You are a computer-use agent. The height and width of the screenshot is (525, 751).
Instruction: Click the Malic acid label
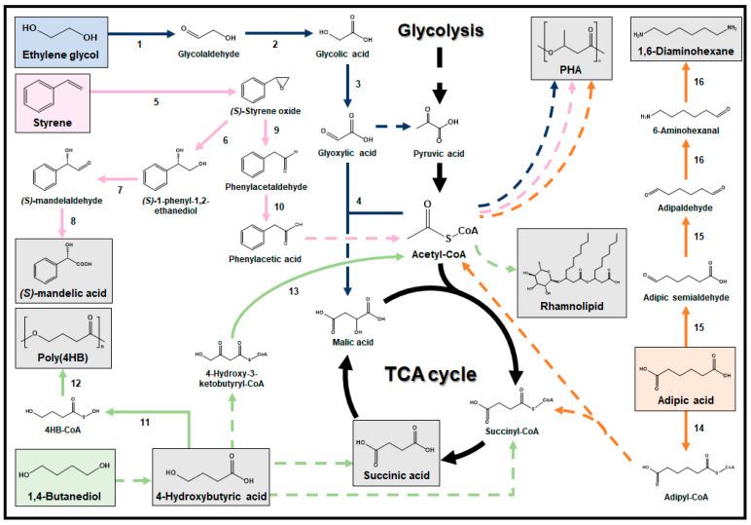point(346,343)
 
